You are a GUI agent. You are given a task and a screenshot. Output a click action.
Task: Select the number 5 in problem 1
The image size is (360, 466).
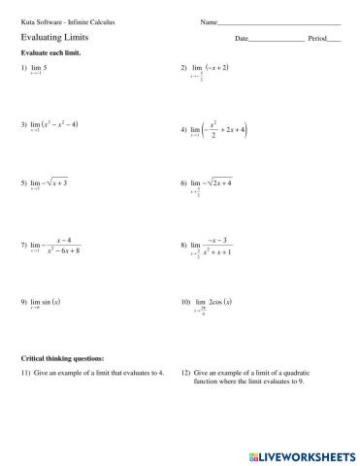coord(46,70)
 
